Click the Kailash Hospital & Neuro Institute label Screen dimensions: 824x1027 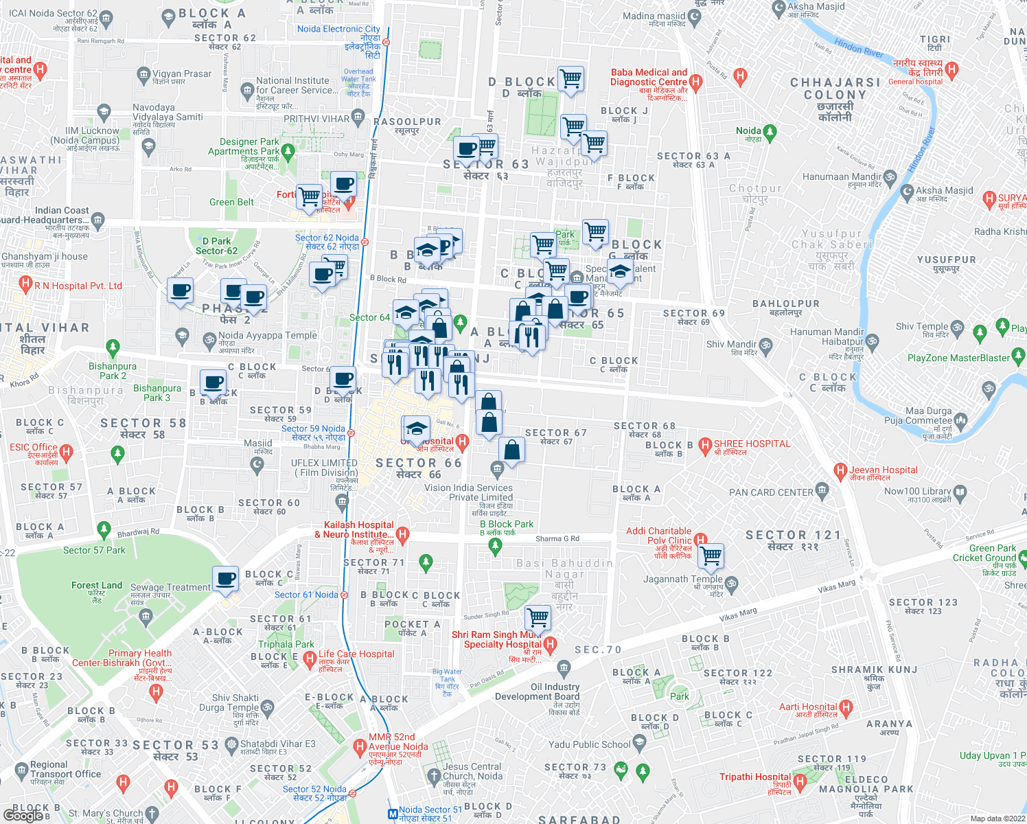click(x=354, y=530)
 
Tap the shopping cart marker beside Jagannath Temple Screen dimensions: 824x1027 click(x=711, y=556)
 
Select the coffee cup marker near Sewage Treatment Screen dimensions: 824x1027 click(x=225, y=579)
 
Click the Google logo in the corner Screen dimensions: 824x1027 click(x=23, y=815)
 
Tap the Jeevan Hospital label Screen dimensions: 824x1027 click(x=883, y=470)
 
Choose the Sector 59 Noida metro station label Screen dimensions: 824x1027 click(x=313, y=433)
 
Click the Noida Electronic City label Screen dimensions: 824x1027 click(x=338, y=30)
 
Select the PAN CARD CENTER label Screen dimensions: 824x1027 click(x=771, y=492)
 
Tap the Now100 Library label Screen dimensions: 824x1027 click(x=917, y=491)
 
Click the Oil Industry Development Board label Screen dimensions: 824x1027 click(x=537, y=691)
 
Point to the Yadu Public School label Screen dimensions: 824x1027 click(x=589, y=744)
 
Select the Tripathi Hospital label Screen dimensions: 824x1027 click(x=755, y=777)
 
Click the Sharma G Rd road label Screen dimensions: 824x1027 click(x=557, y=539)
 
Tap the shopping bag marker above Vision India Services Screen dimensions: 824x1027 click(x=511, y=450)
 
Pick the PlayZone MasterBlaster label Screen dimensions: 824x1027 click(x=958, y=358)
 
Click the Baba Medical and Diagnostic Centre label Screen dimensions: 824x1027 click(x=649, y=78)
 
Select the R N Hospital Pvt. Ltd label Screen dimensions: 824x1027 click(x=78, y=286)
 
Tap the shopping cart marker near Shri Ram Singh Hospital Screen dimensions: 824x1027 click(x=538, y=617)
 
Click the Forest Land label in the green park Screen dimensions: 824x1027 click(x=96, y=586)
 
